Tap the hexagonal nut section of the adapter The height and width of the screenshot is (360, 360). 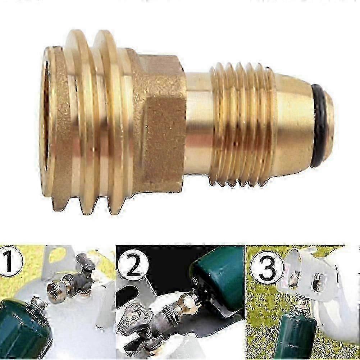click(x=161, y=122)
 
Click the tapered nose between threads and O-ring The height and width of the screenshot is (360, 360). click(x=294, y=124)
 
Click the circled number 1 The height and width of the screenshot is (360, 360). click(x=9, y=261)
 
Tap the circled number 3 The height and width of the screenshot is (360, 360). click(x=266, y=269)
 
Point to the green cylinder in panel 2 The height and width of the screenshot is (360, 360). click(x=217, y=280)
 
